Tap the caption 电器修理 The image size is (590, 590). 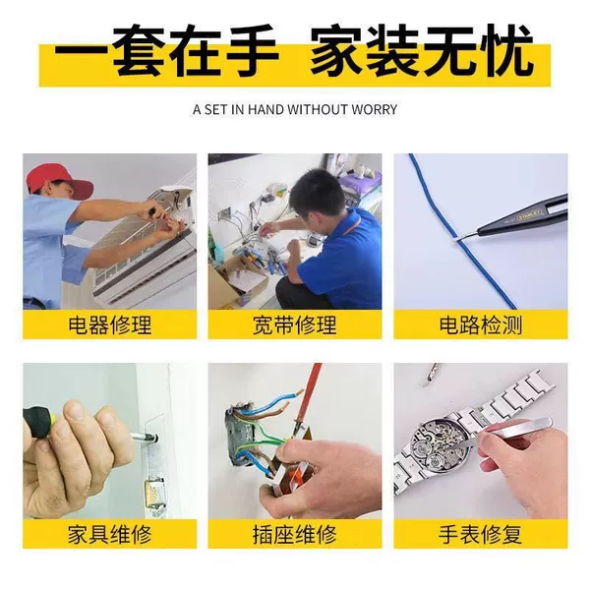point(110,325)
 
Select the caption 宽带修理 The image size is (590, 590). point(295,325)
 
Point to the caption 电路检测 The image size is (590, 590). point(481,325)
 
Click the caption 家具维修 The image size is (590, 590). point(110,534)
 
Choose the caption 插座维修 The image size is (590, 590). point(295,534)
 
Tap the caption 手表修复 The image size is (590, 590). point(481,534)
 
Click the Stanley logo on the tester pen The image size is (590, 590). point(530,217)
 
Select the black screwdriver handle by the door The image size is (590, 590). point(37,421)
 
